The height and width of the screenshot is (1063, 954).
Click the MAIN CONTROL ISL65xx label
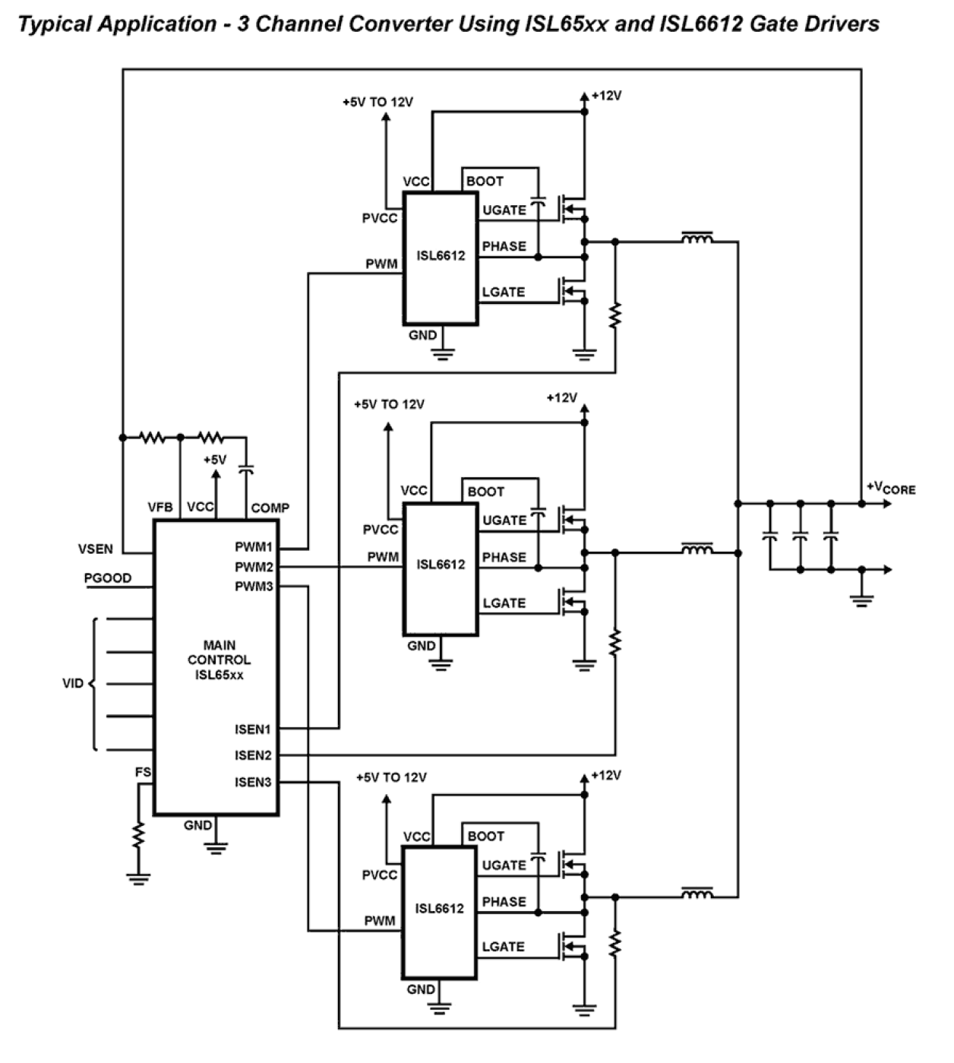[x=219, y=660]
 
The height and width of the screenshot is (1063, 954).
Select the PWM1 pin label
[x=253, y=547]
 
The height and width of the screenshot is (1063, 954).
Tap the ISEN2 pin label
[x=253, y=755]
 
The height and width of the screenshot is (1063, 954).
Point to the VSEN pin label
[x=96, y=549]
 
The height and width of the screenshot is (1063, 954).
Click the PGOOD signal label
[x=107, y=578]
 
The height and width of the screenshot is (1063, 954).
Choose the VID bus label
[x=73, y=683]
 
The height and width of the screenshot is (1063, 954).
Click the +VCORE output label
[x=891, y=489]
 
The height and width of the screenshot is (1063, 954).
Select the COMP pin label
[x=270, y=508]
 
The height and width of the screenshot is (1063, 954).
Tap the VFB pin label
[x=160, y=508]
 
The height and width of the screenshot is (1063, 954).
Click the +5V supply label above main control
[x=214, y=460]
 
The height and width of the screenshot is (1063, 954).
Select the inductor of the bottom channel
[x=697, y=894]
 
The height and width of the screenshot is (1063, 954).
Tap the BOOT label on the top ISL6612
[x=485, y=181]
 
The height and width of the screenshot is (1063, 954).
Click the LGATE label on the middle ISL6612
[x=504, y=603]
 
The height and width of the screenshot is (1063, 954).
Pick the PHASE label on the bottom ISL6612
[x=504, y=902]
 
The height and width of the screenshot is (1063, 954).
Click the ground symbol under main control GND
[x=216, y=847]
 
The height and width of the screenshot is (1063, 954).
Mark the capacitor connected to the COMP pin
[x=245, y=470]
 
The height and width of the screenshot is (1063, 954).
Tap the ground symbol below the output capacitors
[x=861, y=600]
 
